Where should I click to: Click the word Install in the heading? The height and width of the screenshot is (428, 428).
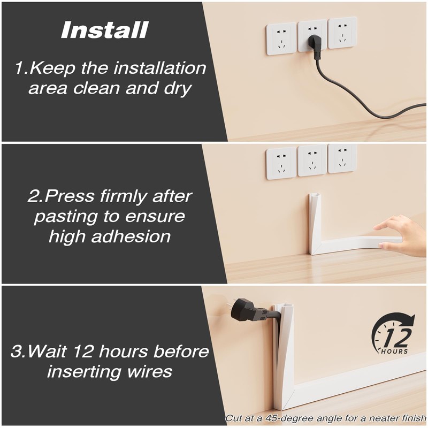[105, 30]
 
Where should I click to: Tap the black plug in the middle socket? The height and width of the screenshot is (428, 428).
[314, 47]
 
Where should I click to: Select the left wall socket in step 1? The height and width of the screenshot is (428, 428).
[281, 39]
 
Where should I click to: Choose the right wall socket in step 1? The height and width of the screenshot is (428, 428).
[342, 33]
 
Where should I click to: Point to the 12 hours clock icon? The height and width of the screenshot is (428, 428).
[393, 334]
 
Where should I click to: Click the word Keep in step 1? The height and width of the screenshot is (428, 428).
[52, 69]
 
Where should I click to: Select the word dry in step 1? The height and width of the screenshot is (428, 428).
[178, 89]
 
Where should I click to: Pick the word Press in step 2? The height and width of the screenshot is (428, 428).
[70, 196]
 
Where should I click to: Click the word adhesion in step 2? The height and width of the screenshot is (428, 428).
[131, 236]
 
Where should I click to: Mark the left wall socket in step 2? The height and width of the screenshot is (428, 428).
[281, 163]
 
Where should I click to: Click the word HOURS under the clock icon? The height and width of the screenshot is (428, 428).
[394, 351]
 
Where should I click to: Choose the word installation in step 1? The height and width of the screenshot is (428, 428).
[160, 68]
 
